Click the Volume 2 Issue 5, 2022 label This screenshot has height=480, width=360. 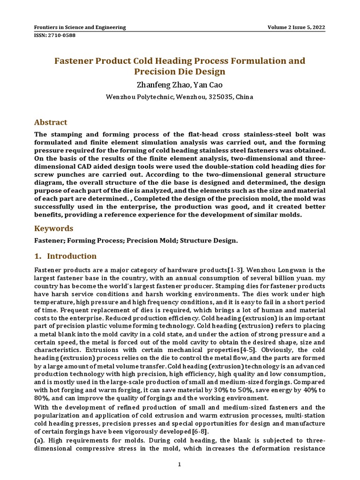[296, 27]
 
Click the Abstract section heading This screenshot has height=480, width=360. [51, 122]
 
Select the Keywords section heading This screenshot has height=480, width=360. [54, 228]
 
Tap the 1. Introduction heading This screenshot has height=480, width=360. [66, 256]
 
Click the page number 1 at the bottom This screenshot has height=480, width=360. [180, 465]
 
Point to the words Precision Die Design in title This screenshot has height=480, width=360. [180, 72]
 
